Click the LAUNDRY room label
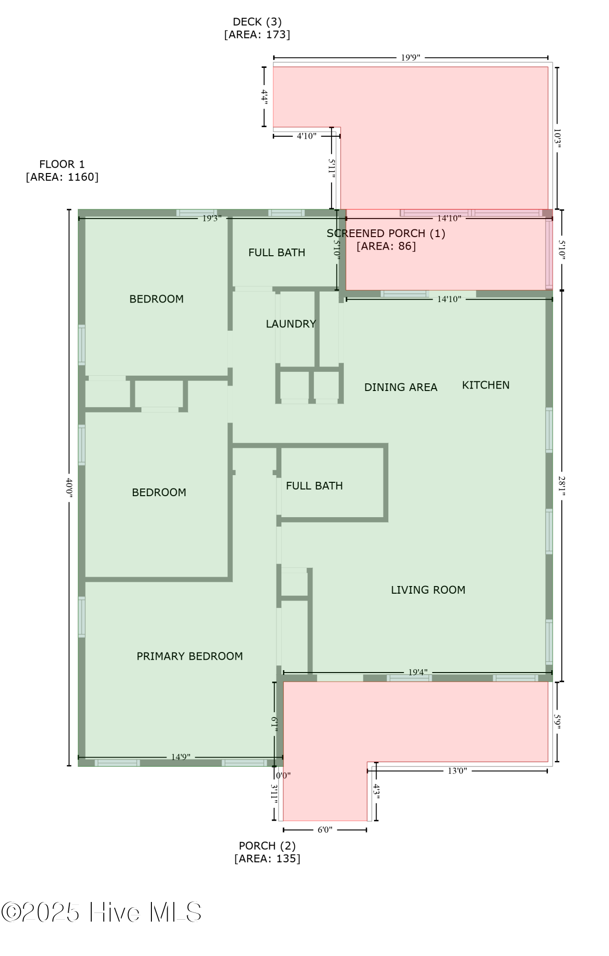click(x=291, y=324)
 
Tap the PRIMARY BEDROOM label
click(x=190, y=656)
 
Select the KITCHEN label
click(x=486, y=385)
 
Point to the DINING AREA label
click(x=401, y=387)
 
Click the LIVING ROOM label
click(x=428, y=590)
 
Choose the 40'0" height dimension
click(x=69, y=488)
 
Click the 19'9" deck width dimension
click(x=410, y=58)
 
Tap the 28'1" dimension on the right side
click(x=562, y=486)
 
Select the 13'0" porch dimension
click(x=457, y=771)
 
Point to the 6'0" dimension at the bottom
click(x=325, y=830)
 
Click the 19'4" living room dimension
click(x=418, y=672)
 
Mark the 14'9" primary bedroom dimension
click(x=181, y=757)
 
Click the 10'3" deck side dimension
click(x=557, y=138)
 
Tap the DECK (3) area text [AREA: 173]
click(x=257, y=34)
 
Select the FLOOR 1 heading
click(x=62, y=164)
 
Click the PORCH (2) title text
click(x=267, y=846)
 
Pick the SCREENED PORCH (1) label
click(x=386, y=233)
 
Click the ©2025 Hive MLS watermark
click(x=101, y=913)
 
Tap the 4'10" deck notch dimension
click(x=307, y=136)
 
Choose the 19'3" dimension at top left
click(x=212, y=218)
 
